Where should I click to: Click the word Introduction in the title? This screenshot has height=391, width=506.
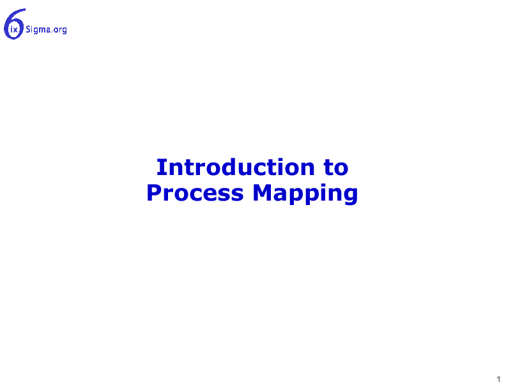click(236, 167)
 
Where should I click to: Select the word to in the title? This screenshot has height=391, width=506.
click(336, 168)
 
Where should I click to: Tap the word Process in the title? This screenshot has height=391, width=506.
click(195, 193)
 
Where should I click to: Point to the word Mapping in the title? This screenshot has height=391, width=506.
click(305, 194)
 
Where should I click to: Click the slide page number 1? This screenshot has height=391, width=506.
click(498, 379)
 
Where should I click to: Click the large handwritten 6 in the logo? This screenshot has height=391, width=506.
click(14, 24)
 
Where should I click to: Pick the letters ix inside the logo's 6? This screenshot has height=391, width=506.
click(14, 30)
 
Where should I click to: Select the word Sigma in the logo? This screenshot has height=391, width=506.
click(38, 29)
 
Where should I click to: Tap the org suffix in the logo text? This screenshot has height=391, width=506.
click(60, 30)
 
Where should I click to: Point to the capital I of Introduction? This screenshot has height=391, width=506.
click(161, 167)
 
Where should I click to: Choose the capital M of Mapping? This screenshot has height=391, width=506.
click(263, 193)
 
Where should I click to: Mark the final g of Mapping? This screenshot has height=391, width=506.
click(350, 196)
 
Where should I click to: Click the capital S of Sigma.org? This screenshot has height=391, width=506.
click(28, 29)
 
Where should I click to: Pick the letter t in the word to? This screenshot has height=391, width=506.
click(329, 168)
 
